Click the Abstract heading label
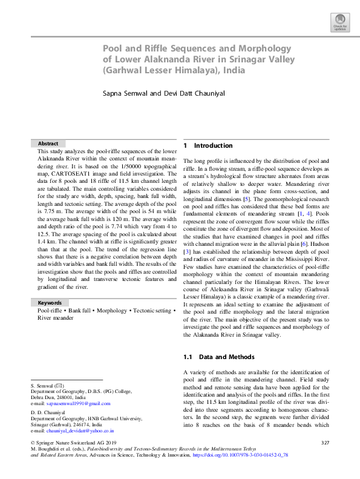pyautogui.click(x=48, y=144)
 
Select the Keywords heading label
pyautogui.click(x=50, y=302)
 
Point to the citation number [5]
pyautogui.click(x=246, y=199)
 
